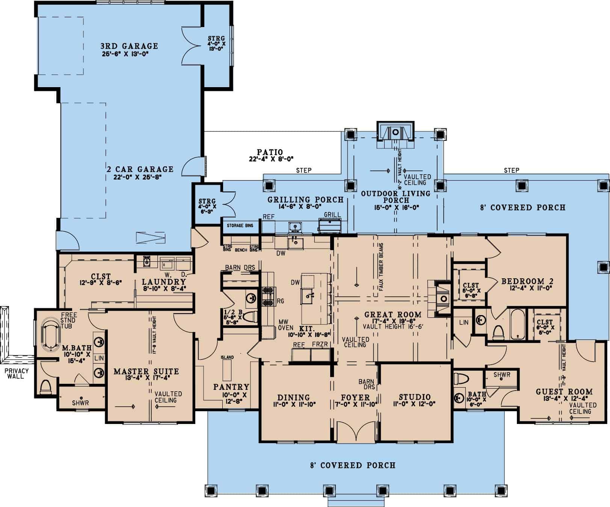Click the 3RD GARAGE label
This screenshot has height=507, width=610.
pyautogui.click(x=129, y=46)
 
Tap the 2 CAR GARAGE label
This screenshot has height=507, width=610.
pyautogui.click(x=140, y=169)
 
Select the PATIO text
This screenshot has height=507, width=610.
pyautogui.click(x=270, y=152)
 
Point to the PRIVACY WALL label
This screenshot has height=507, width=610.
pyautogui.click(x=17, y=373)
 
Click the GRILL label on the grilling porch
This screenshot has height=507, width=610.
pyautogui.click(x=332, y=215)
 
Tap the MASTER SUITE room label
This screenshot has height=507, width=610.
pyautogui.click(x=146, y=372)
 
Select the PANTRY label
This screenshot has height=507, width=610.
pyautogui.click(x=231, y=387)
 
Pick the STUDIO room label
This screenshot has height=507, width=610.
pyautogui.click(x=415, y=397)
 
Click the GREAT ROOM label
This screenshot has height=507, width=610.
pyautogui.click(x=393, y=314)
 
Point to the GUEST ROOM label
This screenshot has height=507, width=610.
pyautogui.click(x=564, y=392)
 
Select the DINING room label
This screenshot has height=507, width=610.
pyautogui.click(x=293, y=397)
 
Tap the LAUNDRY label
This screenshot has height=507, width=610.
pyautogui.click(x=164, y=282)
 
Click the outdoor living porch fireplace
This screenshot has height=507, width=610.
pyautogui.click(x=395, y=132)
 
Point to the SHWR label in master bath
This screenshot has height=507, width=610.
pyautogui.click(x=80, y=403)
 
